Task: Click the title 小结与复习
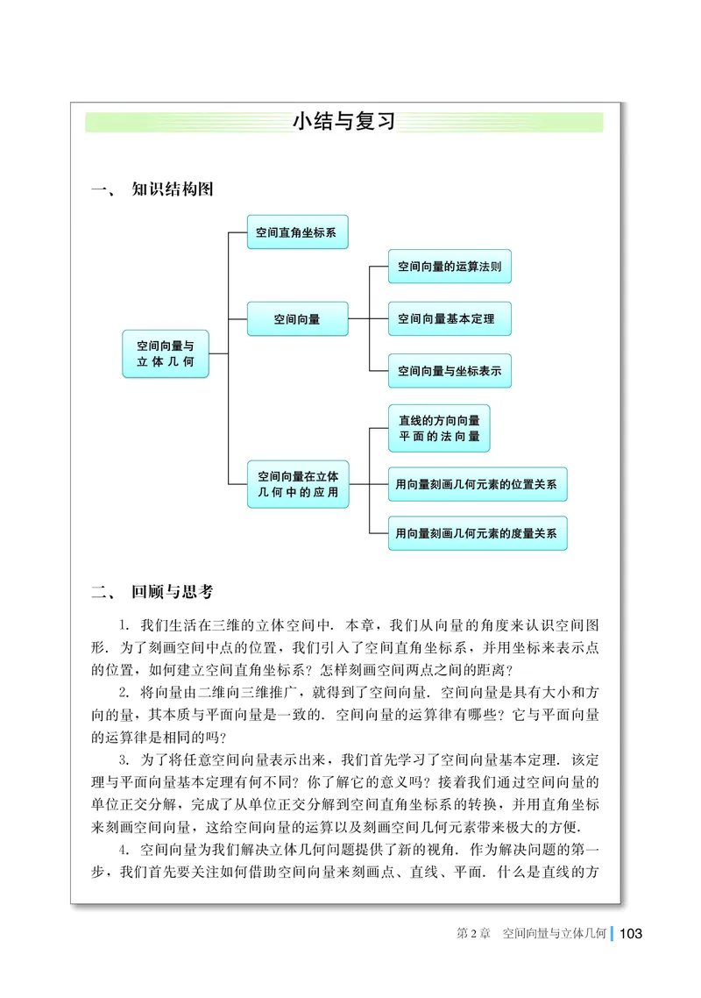click(x=343, y=122)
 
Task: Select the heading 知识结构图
click(x=172, y=189)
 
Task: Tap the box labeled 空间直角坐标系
click(x=297, y=233)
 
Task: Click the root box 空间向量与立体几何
click(x=166, y=353)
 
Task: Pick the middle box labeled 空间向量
click(x=297, y=319)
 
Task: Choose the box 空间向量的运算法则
click(x=450, y=266)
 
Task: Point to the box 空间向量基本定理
click(x=450, y=319)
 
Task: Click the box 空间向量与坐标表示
click(x=450, y=371)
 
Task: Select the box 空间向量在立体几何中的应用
click(x=298, y=484)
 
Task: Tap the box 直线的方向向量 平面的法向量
click(x=439, y=428)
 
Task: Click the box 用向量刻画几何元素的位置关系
click(x=478, y=484)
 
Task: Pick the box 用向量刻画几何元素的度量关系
click(x=478, y=532)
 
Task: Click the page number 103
click(x=631, y=933)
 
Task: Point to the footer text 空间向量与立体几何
click(x=555, y=934)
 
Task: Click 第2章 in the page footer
click(x=471, y=934)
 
